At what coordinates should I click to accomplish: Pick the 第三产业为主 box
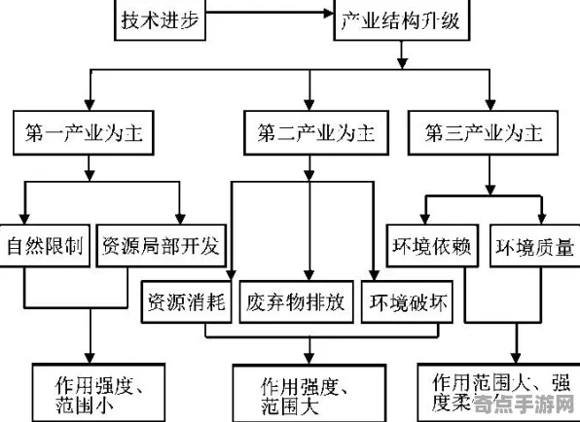coord(486,131)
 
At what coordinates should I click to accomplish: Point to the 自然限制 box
coord(45,245)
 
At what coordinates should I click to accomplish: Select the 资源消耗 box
coord(186,302)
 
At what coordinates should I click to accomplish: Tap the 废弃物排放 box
coord(296,302)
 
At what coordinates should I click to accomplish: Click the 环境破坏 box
coord(408,302)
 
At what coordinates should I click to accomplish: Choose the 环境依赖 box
coord(433,245)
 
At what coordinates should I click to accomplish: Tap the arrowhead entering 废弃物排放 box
coord(308,275)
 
